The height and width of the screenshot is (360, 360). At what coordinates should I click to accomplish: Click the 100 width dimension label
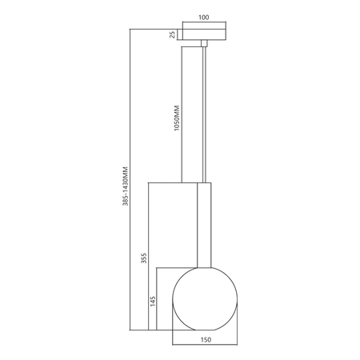coord(204,15)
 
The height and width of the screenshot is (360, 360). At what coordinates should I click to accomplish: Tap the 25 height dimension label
coord(171,34)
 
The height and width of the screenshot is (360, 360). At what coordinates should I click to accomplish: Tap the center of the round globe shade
coord(204,298)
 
